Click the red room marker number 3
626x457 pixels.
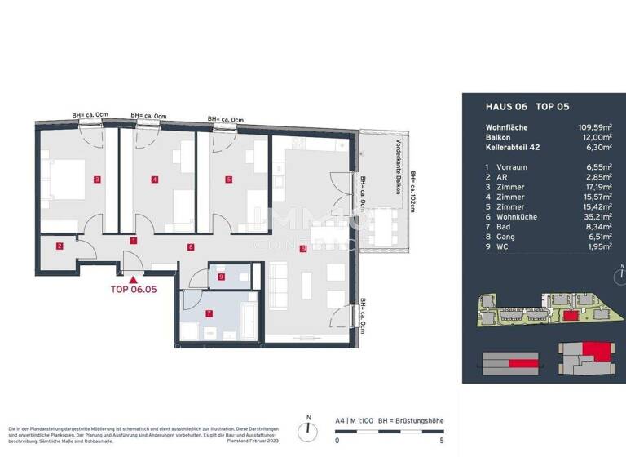pyautogui.click(x=96, y=180)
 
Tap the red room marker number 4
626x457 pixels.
pyautogui.click(x=154, y=180)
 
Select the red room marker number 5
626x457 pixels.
pyautogui.click(x=229, y=180)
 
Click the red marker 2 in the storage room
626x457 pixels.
pyautogui.click(x=59, y=246)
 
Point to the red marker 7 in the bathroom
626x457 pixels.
pyautogui.click(x=209, y=313)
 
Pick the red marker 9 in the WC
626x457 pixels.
pyautogui.click(x=221, y=277)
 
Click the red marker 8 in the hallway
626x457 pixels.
pyautogui.click(x=190, y=246)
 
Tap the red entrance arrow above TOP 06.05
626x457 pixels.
pyautogui.click(x=134, y=278)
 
